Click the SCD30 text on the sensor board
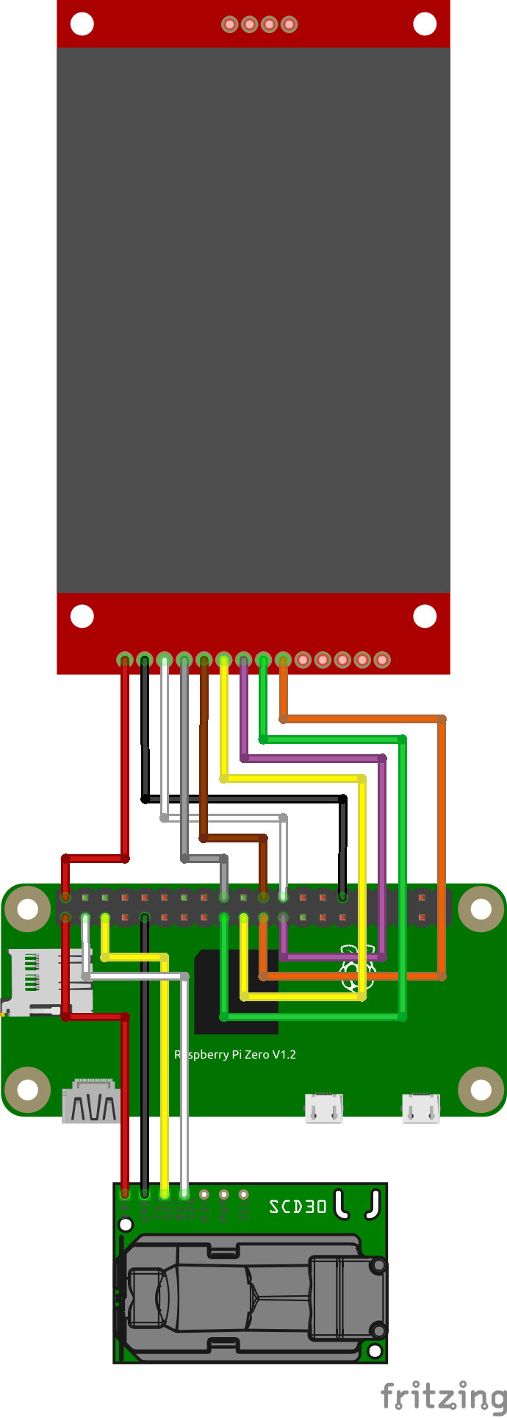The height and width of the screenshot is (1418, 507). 298,1206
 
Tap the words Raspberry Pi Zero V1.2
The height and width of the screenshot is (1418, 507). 235,1054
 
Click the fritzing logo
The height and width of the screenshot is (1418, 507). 444,1394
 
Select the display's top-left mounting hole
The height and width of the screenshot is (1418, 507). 82,24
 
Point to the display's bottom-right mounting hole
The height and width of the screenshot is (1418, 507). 425,616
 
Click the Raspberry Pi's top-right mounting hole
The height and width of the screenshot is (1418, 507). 481,909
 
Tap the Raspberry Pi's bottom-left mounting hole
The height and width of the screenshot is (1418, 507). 27,1090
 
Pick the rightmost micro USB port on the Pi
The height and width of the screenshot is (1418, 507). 421,1108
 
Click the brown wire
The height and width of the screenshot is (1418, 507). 204,750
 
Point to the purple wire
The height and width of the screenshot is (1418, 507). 382,845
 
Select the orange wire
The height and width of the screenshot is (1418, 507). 442,845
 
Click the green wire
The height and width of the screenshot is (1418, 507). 402,882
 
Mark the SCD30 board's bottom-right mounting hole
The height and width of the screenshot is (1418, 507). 375,1350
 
